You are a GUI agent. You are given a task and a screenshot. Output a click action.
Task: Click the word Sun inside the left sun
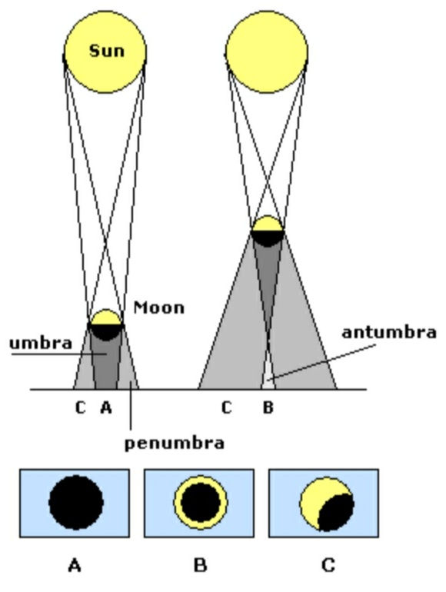[x=106, y=51]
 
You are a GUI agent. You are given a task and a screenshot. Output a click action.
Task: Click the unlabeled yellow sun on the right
[x=267, y=52]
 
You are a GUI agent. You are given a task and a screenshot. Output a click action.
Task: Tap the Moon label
[x=159, y=308]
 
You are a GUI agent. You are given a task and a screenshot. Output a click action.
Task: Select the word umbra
[x=41, y=343]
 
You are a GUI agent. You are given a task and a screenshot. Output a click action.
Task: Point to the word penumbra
[x=175, y=444]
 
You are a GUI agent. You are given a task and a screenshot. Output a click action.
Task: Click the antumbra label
[x=389, y=332]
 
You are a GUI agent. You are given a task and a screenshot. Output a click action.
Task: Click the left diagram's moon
[x=106, y=325]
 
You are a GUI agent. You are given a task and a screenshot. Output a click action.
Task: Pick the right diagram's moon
[x=268, y=231]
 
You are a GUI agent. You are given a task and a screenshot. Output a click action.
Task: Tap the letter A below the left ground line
[x=106, y=407]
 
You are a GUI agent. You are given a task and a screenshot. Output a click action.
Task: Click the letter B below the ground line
[x=268, y=407]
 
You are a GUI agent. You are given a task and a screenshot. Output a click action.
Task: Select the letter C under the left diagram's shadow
[x=81, y=407]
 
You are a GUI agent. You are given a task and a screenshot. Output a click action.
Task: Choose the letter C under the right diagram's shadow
[x=226, y=407]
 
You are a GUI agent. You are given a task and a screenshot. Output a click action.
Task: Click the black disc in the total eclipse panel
[x=76, y=503]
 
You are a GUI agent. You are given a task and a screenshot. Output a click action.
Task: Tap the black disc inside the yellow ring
[x=201, y=503]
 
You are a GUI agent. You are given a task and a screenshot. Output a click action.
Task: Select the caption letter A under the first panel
[x=75, y=566]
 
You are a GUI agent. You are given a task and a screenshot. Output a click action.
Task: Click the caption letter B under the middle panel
[x=201, y=566]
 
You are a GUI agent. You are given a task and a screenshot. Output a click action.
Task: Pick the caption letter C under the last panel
[x=328, y=566]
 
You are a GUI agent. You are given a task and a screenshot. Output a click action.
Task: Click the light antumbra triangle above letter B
[x=268, y=377]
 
